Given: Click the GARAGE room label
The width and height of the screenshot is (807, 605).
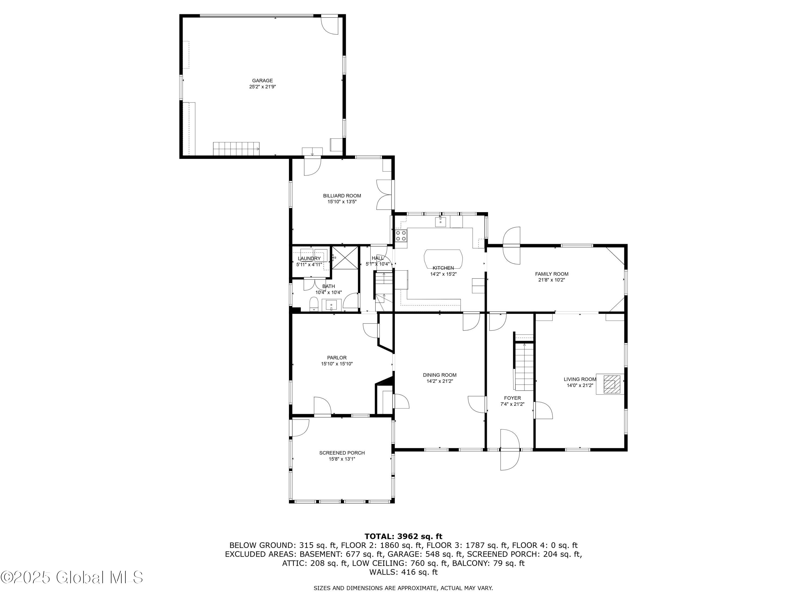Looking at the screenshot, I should click(262, 81).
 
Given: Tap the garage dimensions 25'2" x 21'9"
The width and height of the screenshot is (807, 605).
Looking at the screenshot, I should click(262, 87).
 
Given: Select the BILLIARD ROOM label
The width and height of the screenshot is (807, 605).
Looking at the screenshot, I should click(342, 196).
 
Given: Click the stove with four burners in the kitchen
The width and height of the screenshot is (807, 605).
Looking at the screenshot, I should click(401, 235).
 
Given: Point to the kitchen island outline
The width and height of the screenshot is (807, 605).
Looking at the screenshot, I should click(443, 258).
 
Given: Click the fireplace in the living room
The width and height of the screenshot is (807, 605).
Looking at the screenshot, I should click(610, 384).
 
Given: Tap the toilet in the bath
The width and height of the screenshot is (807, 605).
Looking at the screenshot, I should click(314, 304).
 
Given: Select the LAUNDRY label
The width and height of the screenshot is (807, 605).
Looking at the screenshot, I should click(309, 259).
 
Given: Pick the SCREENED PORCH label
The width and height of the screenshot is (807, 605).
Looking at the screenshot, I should click(342, 453).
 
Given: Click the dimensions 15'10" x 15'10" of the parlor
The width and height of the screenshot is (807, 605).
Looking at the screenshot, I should click(337, 364).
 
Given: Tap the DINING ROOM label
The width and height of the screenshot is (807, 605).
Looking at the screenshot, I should click(440, 375).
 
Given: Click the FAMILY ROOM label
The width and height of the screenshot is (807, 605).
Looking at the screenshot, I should click(552, 274).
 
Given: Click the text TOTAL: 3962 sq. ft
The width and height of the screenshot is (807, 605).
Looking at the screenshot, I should click(403, 536).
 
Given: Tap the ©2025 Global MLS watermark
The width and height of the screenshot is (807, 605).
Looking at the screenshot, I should click(72, 577).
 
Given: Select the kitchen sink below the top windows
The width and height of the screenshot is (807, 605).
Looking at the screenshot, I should click(440, 221).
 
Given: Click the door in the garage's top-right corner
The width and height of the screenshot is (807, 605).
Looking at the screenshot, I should click(330, 25).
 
